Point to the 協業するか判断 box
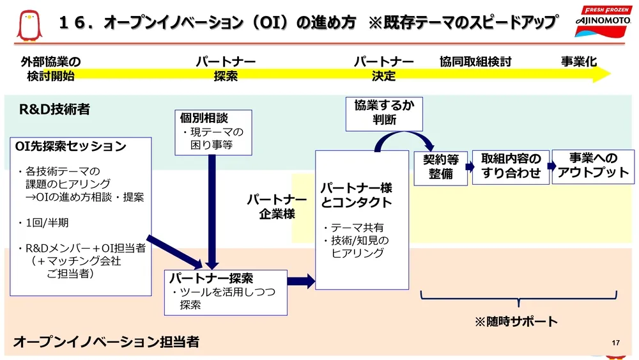[384, 112]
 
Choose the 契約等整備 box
[440, 168]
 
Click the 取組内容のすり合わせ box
[511, 166]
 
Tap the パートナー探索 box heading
[211, 278]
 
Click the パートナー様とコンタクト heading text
[356, 196]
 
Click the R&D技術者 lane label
[55, 109]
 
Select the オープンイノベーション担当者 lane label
[106, 342]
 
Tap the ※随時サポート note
[516, 322]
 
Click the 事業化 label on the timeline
[579, 62]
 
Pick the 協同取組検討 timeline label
[475, 62]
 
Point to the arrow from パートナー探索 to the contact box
[302, 280]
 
